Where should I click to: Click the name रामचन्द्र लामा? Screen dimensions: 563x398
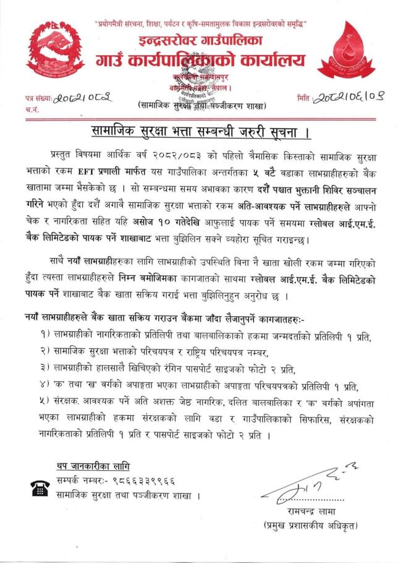(318, 512)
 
